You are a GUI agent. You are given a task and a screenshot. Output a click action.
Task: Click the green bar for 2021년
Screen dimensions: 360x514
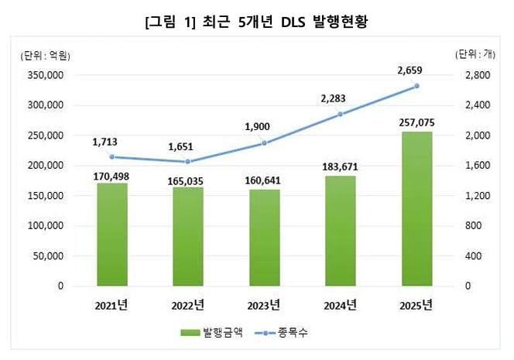(x=112, y=235)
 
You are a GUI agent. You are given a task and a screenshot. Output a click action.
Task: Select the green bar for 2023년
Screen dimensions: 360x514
(x=265, y=238)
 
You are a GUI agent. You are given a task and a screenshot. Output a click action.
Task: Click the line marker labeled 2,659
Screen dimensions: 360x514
(x=417, y=86)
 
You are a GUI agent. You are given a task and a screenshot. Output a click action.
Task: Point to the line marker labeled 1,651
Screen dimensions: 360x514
(x=189, y=162)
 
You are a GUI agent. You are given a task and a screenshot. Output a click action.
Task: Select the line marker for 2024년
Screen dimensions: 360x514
(x=341, y=114)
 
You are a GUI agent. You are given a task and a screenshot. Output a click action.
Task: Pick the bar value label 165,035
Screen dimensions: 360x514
(x=189, y=178)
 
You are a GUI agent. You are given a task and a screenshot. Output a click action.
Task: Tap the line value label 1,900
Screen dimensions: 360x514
(x=264, y=126)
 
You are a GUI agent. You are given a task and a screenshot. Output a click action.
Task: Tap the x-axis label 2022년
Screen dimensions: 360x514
(x=189, y=303)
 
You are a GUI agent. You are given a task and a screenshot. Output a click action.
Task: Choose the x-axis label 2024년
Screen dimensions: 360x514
(x=341, y=303)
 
